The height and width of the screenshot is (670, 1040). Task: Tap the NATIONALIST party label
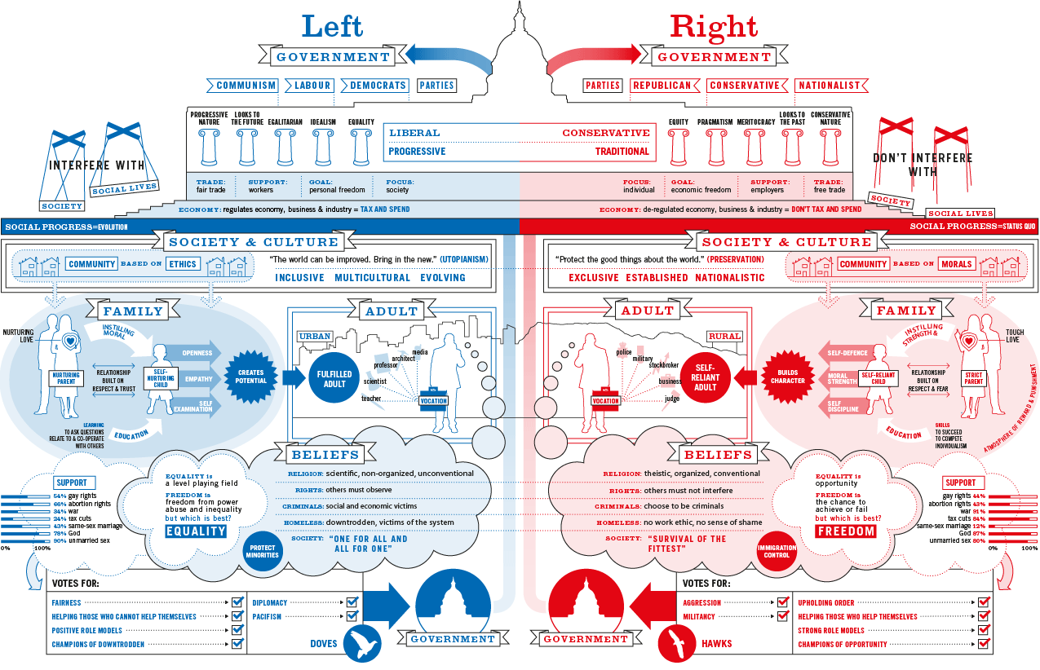point(830,86)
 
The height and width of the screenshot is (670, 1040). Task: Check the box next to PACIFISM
point(352,617)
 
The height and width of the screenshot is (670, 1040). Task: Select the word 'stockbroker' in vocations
point(665,366)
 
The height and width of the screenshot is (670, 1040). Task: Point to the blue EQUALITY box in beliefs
point(196,531)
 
